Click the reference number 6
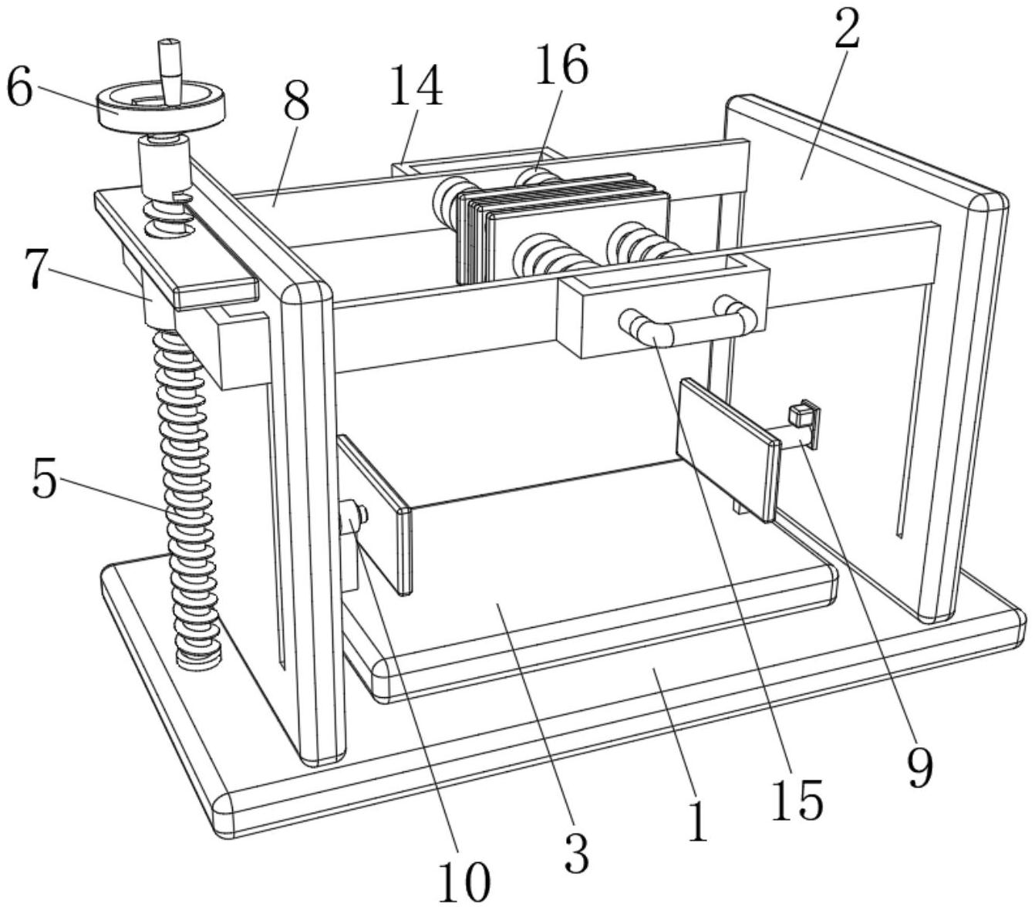19,89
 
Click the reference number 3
577,851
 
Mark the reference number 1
697,821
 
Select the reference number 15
797,799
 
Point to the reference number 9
919,767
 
